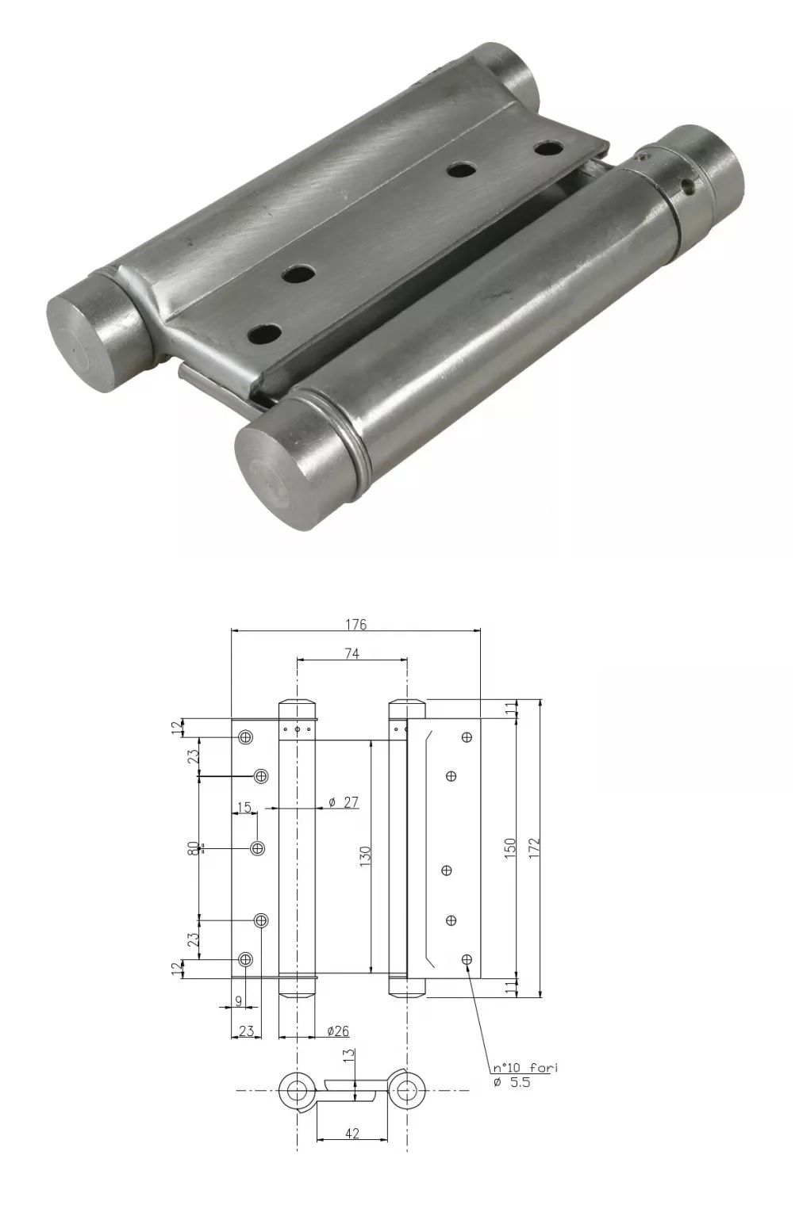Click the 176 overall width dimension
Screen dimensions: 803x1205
(x=355, y=625)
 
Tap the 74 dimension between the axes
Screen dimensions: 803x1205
(x=352, y=653)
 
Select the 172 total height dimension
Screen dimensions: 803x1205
(x=534, y=848)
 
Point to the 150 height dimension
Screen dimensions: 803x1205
(x=510, y=848)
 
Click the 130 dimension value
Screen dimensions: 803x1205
(x=365, y=856)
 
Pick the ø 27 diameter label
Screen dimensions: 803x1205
(x=343, y=802)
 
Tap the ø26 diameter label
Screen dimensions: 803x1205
(x=338, y=1031)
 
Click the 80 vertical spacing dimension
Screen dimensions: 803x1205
(x=193, y=848)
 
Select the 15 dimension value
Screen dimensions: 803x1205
(x=244, y=807)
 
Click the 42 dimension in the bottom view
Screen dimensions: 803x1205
(x=352, y=1134)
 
